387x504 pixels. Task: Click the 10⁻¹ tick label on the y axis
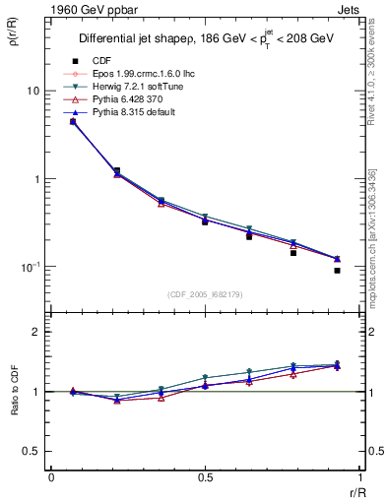[x=29, y=268]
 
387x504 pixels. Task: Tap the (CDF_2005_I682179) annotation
[x=205, y=294]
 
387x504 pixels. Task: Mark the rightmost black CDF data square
[x=337, y=271]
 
